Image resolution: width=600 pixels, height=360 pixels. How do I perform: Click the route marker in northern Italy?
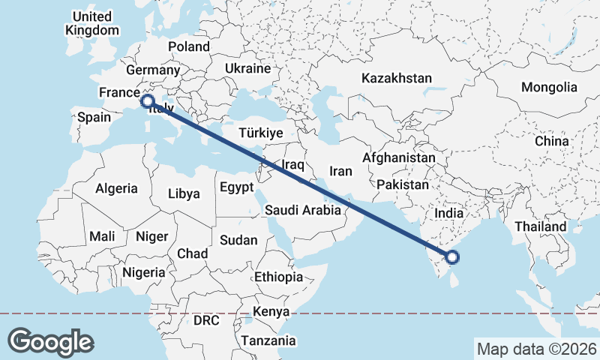[x=147, y=100]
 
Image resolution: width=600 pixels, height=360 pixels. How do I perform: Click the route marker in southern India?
[x=452, y=258]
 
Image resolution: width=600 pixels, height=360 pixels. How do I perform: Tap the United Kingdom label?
[x=92, y=23]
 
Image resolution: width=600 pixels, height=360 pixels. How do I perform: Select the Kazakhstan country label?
[x=397, y=78]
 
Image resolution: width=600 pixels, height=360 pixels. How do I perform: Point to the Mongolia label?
[x=549, y=87]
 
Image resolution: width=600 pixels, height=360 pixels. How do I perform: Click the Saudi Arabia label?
[x=303, y=211]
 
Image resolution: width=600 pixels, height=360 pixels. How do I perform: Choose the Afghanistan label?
[x=398, y=158]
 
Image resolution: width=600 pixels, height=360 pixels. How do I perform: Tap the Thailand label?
[x=540, y=226]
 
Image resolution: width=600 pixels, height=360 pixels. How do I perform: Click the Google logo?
[x=51, y=341]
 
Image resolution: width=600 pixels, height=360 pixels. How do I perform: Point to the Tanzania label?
[x=268, y=340]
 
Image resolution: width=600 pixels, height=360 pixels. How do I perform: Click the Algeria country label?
[x=116, y=188]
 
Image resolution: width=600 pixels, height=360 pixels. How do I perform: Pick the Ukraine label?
[x=247, y=68]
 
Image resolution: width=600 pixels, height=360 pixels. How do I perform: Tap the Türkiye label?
[x=260, y=133]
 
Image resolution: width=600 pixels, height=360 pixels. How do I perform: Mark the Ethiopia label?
[x=278, y=277]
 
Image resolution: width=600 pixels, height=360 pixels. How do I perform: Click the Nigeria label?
[x=142, y=271]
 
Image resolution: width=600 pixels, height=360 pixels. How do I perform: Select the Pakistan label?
[x=403, y=184]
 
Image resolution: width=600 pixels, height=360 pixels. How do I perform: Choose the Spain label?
[x=94, y=117]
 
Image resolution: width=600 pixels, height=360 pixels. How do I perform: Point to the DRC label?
[x=205, y=320]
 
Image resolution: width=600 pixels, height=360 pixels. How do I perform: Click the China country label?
[x=552, y=141]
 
